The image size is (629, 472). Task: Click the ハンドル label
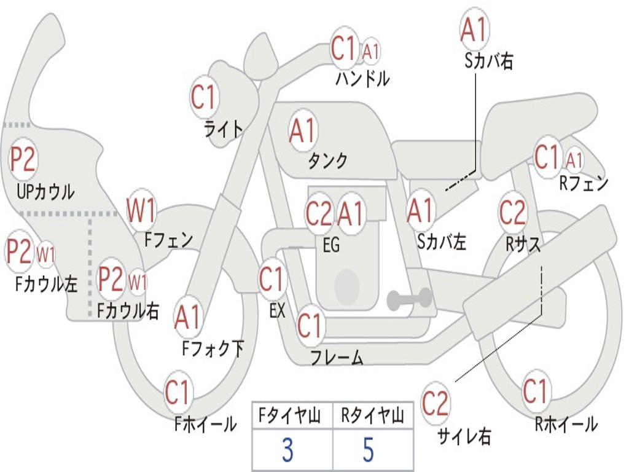(x=362, y=78)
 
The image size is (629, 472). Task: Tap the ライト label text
(x=224, y=129)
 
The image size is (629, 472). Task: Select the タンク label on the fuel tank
(x=327, y=160)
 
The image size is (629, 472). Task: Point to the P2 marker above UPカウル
(x=23, y=160)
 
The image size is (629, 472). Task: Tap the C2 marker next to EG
(x=319, y=213)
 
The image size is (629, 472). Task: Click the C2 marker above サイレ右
(x=436, y=403)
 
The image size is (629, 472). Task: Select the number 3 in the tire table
(x=287, y=450)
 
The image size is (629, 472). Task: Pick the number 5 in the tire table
(x=369, y=450)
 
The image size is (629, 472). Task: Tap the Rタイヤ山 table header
(x=372, y=415)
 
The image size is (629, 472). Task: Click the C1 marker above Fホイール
(x=177, y=391)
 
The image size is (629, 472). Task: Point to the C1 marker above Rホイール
(x=535, y=391)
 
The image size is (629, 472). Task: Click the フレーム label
(x=337, y=357)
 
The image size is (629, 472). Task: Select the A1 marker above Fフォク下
(x=187, y=317)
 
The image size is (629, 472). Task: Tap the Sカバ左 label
(x=442, y=242)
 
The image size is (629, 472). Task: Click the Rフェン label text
(x=584, y=183)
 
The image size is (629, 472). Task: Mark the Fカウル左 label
(x=46, y=284)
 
